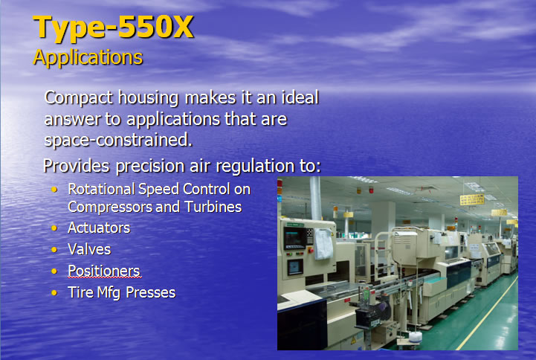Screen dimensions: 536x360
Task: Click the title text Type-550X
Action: coord(113,28)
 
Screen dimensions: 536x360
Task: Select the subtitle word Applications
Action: coord(88,57)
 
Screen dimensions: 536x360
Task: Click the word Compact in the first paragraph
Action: coord(79,97)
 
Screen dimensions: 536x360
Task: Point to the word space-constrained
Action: coord(118,140)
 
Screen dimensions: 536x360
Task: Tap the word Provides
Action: coord(77,166)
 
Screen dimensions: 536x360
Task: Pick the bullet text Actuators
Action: coord(99,228)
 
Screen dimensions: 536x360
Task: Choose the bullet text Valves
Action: coord(89,249)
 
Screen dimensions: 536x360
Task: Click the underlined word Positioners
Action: coord(104,271)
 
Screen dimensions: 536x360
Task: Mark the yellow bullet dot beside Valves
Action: coord(54,250)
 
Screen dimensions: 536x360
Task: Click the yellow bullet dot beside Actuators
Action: coord(54,228)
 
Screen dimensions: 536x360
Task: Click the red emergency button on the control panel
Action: coord(311,251)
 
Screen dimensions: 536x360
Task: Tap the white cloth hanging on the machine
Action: coord(323,244)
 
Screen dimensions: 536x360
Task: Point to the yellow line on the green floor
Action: coord(486,313)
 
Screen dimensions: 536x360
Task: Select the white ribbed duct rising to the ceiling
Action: coord(315,199)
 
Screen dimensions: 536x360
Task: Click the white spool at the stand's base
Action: coord(415,337)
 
